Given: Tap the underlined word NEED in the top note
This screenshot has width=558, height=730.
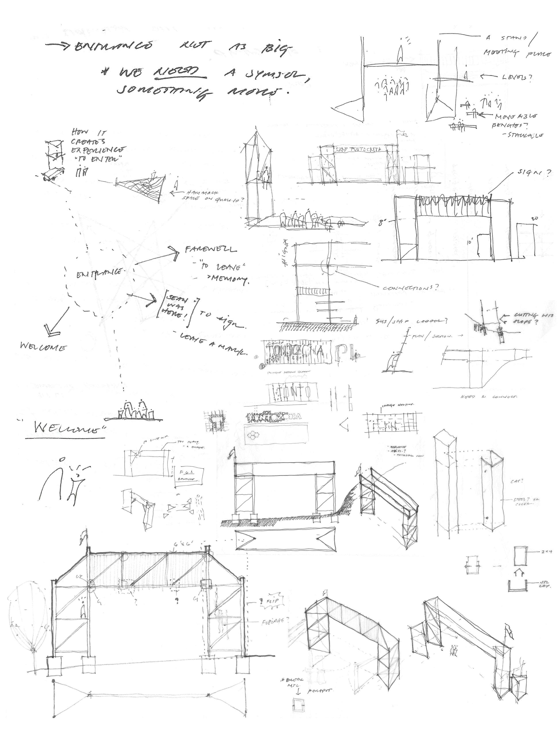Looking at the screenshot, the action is [179, 71].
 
